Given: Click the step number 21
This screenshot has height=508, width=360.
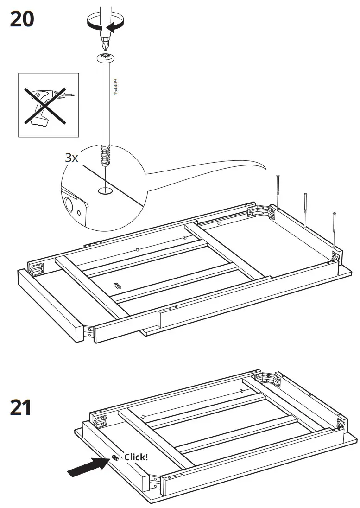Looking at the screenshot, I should pyautogui.click(x=21, y=408).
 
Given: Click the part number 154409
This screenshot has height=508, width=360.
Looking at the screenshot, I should pyautogui.click(x=116, y=88).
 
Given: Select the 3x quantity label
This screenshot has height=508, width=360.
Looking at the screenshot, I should pyautogui.click(x=71, y=157).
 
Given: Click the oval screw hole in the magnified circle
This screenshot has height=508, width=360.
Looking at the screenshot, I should pyautogui.click(x=106, y=190).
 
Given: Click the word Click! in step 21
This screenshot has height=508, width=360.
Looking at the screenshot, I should pyautogui.click(x=136, y=457).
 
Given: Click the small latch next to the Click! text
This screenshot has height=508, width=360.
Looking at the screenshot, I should pyautogui.click(x=114, y=458).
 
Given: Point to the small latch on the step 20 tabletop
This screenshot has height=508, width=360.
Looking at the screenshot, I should pyautogui.click(x=117, y=284).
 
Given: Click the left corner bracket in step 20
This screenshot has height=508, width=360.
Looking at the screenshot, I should pyautogui.click(x=37, y=268).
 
